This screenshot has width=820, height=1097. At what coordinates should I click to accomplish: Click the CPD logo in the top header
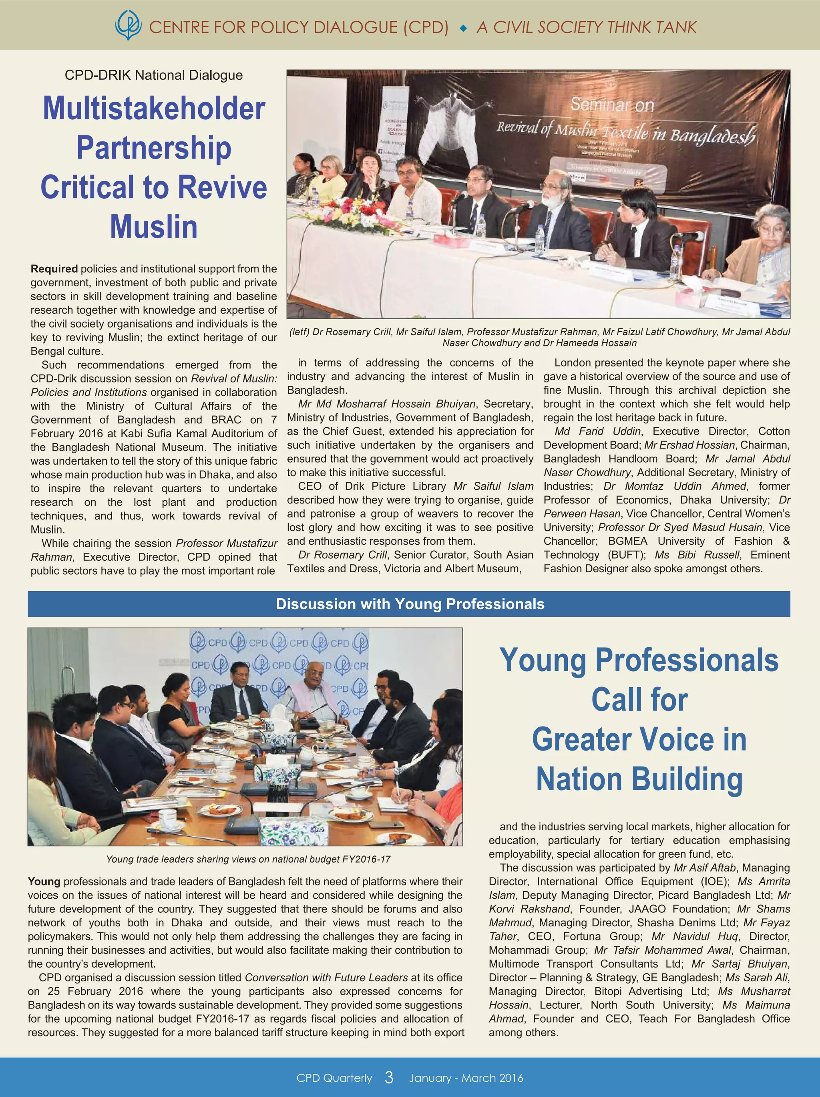coord(128,26)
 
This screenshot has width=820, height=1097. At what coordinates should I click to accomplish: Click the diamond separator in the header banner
coord(463,28)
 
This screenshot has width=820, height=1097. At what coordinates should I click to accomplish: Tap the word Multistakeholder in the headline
coord(154,108)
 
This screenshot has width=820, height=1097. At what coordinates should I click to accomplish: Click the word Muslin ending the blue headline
coord(154,227)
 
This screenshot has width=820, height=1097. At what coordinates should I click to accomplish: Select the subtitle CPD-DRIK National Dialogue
coord(154,75)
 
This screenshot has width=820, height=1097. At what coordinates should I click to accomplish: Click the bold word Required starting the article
coord(54,269)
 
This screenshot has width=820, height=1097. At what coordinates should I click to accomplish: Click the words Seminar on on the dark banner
coord(612,105)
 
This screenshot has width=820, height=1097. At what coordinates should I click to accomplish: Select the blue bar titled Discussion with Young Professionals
coord(409,604)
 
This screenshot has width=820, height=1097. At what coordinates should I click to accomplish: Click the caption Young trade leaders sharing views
coord(248,859)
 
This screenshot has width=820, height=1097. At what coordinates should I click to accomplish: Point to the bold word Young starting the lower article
coord(44,881)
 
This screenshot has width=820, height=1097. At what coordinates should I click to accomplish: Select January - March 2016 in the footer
coord(466,1078)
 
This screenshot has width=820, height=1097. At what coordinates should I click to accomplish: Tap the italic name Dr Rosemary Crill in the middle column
coord(342,555)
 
